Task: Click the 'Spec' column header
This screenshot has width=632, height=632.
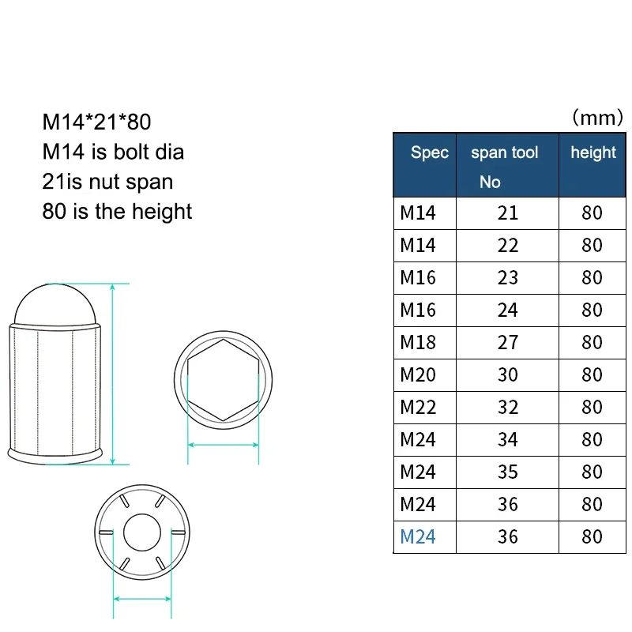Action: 429,152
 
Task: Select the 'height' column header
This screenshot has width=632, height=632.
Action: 593,153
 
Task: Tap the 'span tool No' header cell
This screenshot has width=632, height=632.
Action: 504,167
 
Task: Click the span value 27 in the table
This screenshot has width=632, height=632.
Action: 507,343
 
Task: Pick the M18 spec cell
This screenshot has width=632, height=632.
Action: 418,343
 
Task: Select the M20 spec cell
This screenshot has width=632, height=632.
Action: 418,374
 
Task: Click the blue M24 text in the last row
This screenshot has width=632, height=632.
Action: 418,537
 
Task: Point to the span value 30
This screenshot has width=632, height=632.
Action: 507,374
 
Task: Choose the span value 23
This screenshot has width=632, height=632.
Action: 507,278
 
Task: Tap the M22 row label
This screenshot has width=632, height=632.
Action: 418,407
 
